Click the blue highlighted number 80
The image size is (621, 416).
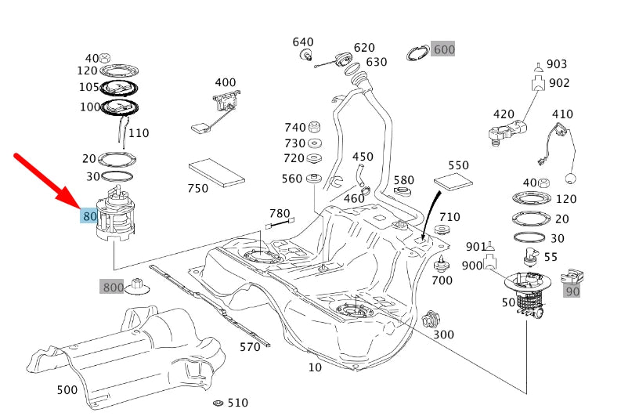click(89, 216)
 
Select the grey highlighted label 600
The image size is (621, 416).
click(444, 49)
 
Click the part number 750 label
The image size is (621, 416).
click(198, 188)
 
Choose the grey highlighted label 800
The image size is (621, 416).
click(113, 288)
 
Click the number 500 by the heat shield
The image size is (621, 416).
click(67, 389)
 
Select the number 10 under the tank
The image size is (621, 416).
click(315, 367)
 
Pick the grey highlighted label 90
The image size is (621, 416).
click(572, 291)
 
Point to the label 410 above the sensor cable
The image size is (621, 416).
click(562, 114)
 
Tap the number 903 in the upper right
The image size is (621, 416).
click(557, 64)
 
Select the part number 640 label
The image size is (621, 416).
click(303, 42)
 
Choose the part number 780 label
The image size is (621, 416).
click(280, 213)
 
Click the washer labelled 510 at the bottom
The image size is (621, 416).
click(218, 403)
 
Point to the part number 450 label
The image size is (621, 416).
click(363, 157)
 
